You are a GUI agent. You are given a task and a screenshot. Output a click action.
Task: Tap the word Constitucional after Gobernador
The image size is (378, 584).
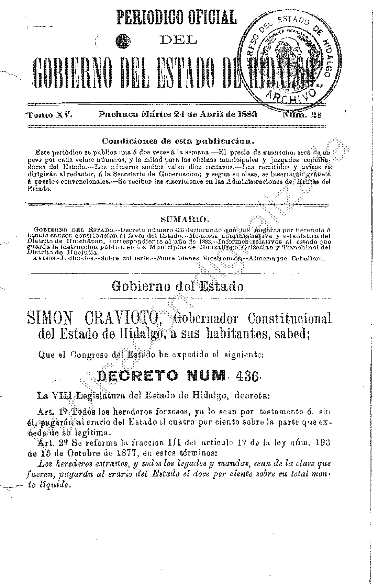[290, 318]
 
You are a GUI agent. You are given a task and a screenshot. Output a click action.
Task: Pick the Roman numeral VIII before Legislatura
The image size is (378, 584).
[62, 396]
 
